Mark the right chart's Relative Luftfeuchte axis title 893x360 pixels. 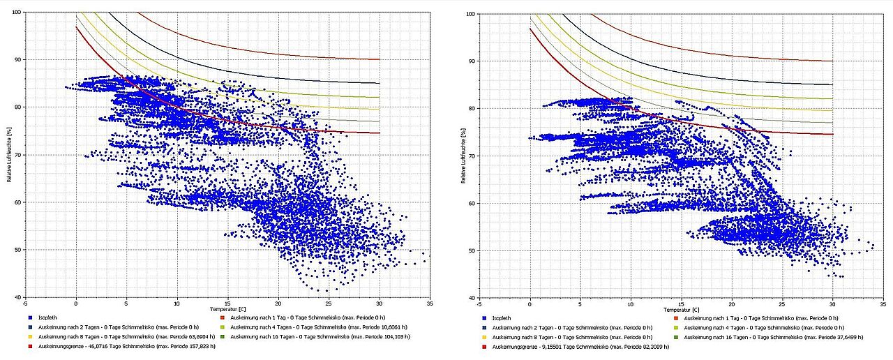point(463,155)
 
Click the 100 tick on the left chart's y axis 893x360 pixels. point(15,13)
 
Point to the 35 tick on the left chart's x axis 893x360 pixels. point(430,303)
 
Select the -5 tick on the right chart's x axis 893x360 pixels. point(479,303)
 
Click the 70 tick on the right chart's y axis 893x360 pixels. point(471,156)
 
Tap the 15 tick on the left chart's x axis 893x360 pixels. point(227,303)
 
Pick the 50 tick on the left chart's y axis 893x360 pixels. point(17,250)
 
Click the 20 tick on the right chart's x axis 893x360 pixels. point(732,303)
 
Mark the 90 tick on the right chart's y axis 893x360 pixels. point(471,61)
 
